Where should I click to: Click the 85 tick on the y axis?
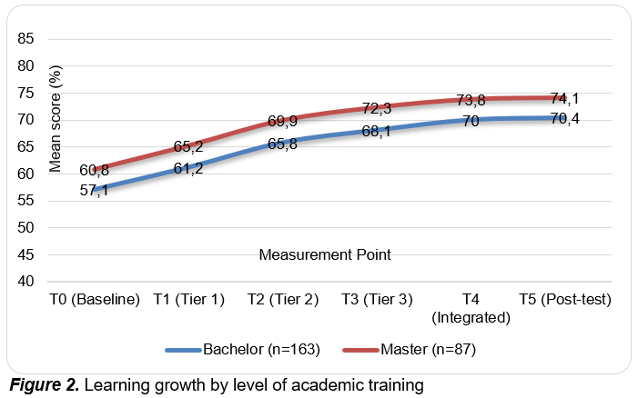coord(25,38)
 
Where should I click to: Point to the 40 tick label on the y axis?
coord(25,281)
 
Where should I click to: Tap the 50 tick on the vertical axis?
coord(25,227)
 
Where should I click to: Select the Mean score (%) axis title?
coord(55,119)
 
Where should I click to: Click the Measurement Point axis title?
coord(325,254)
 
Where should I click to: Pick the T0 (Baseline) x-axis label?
coord(95,299)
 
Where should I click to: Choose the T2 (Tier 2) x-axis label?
coord(283,299)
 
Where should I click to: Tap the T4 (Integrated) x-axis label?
coord(471,308)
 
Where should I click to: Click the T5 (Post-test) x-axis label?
coord(565,299)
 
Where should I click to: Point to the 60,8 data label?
coord(94,170)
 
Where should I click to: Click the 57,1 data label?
coord(94,190)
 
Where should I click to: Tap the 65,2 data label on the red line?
coord(188,146)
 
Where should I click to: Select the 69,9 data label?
coord(282,121)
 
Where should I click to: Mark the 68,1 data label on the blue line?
coord(377,131)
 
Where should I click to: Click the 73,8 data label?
coord(471,100)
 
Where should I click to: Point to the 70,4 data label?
coord(565,118)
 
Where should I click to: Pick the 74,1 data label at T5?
coord(565,98)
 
